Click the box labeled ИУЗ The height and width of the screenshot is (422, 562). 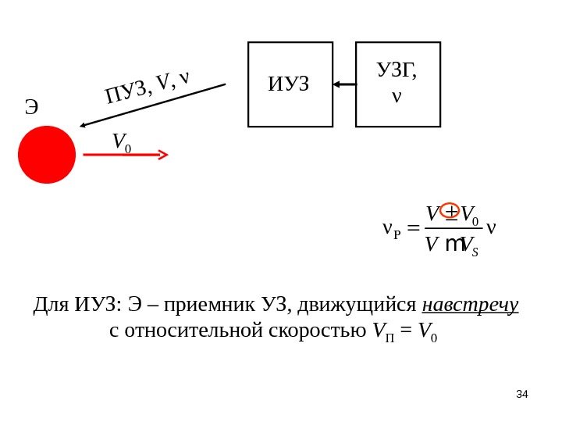(x=290, y=84)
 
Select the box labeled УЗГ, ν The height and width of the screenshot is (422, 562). (x=397, y=84)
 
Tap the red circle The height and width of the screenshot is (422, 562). (x=47, y=155)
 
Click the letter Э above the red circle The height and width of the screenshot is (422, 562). (x=31, y=107)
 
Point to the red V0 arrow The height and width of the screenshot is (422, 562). (x=125, y=155)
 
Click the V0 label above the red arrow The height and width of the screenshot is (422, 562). (x=121, y=141)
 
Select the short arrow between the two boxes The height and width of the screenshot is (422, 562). (x=344, y=84)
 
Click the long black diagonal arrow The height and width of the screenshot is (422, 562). (x=152, y=105)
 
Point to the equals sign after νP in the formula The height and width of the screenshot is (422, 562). (x=412, y=229)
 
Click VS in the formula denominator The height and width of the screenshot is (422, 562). (x=470, y=246)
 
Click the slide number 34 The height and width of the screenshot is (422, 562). (x=522, y=394)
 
